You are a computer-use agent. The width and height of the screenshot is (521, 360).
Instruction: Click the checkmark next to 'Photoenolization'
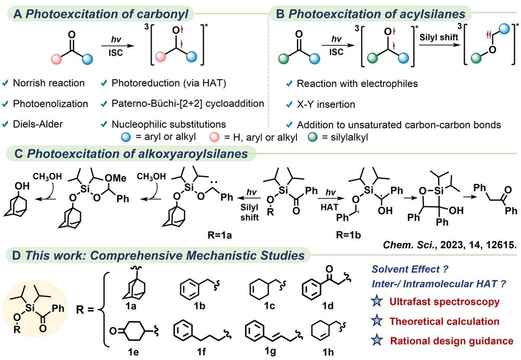[x=7, y=104]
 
